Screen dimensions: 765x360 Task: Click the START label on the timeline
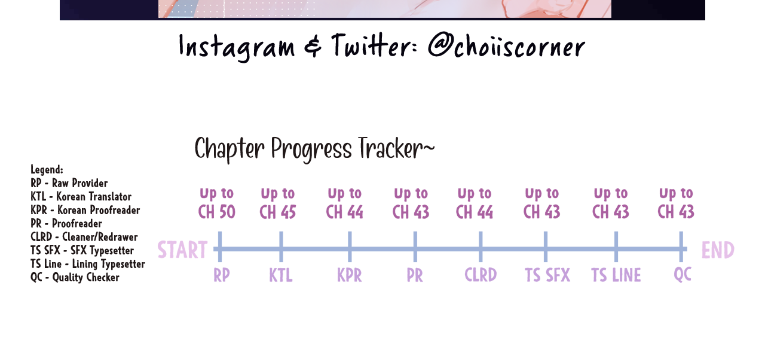[x=182, y=250]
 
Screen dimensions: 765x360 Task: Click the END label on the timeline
[x=718, y=250]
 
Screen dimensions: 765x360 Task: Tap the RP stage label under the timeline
[x=222, y=275]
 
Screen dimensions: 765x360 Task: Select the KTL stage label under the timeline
[x=281, y=275]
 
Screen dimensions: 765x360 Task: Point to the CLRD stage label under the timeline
[x=481, y=275]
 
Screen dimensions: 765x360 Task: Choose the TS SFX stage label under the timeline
[x=547, y=275]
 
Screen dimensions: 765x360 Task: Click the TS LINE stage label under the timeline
[x=616, y=275]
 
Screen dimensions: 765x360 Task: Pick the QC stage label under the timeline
[x=683, y=274]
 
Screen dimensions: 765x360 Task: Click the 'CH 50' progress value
[x=217, y=212]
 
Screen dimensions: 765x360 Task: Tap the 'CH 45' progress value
[x=278, y=212]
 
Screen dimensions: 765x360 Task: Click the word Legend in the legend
[x=47, y=170]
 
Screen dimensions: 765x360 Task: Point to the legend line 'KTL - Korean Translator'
[x=81, y=197]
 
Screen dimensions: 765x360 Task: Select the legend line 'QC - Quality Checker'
[x=75, y=277]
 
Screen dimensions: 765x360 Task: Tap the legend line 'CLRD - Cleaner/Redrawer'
[x=84, y=237]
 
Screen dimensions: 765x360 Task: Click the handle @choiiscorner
[x=506, y=47]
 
